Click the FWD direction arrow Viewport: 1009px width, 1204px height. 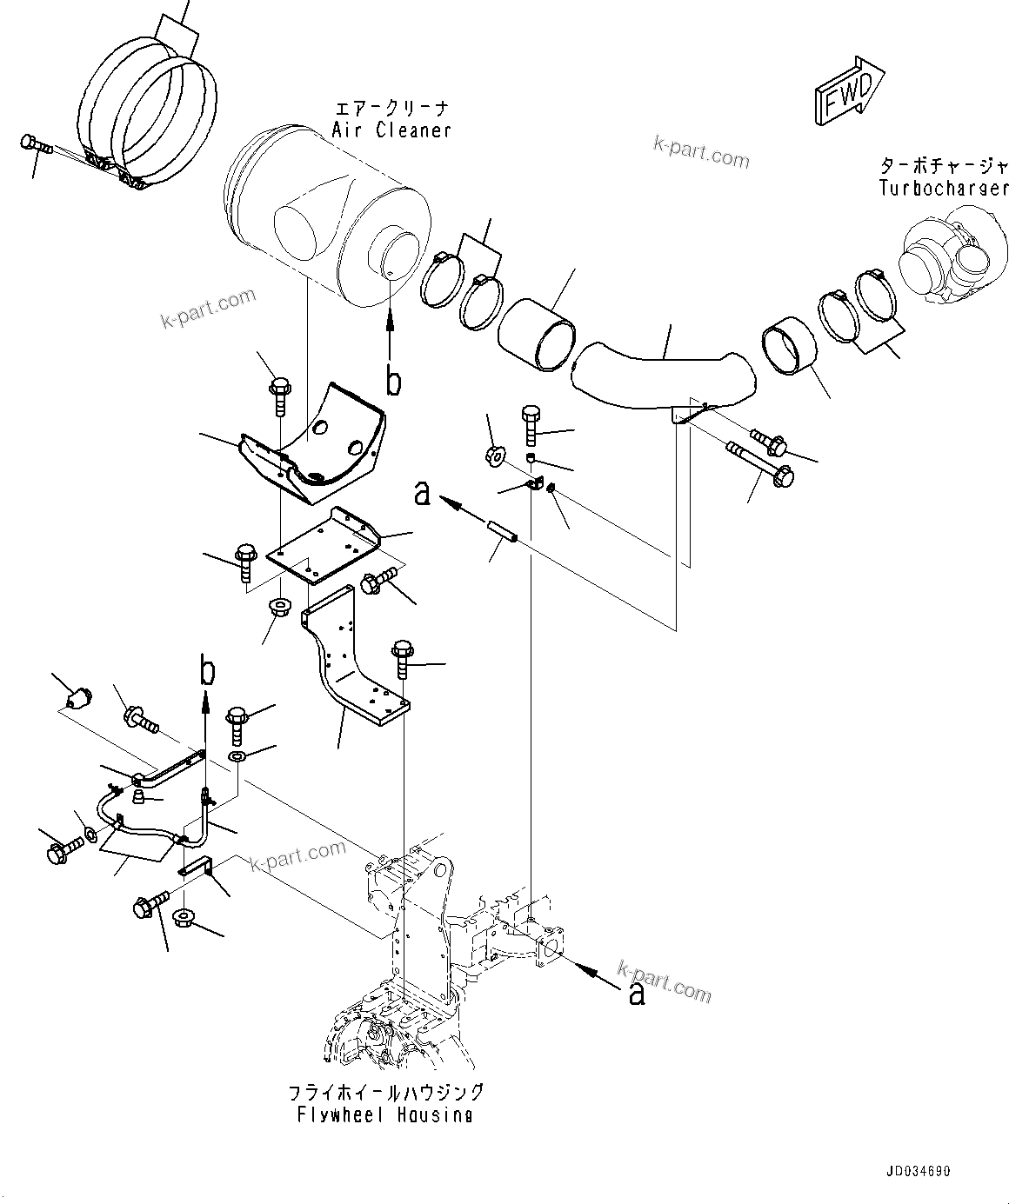(849, 90)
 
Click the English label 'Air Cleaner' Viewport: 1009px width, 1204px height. (391, 130)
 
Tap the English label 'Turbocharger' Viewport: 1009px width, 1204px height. (943, 189)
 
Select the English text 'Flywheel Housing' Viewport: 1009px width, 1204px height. (384, 1115)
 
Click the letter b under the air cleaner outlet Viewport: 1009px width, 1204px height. (393, 382)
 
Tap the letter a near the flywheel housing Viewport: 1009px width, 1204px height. (637, 994)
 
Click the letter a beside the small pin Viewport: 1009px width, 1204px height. (423, 494)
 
